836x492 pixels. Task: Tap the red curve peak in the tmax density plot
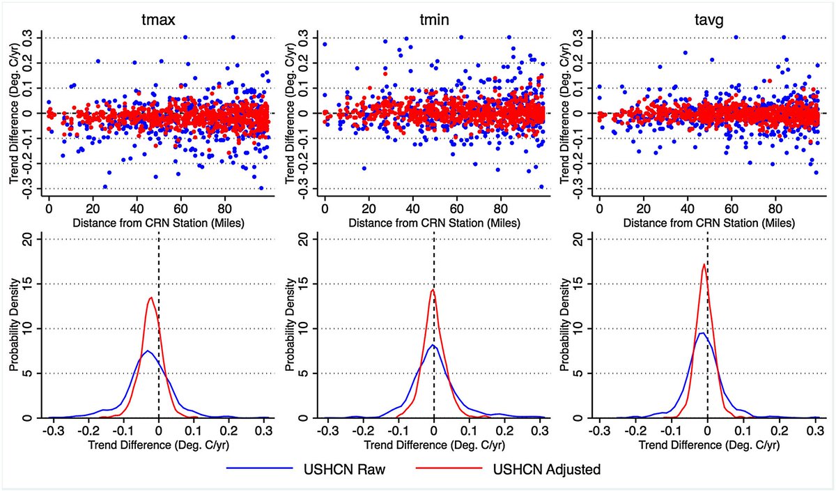pos(150,298)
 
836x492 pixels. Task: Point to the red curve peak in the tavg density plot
pos(704,263)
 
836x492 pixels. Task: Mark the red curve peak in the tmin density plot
pos(433,290)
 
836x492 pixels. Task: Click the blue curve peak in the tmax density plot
pos(147,351)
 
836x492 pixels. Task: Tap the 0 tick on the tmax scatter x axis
pos(49,208)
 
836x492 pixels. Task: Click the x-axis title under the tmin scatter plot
pos(433,222)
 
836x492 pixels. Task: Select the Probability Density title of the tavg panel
pos(562,328)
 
